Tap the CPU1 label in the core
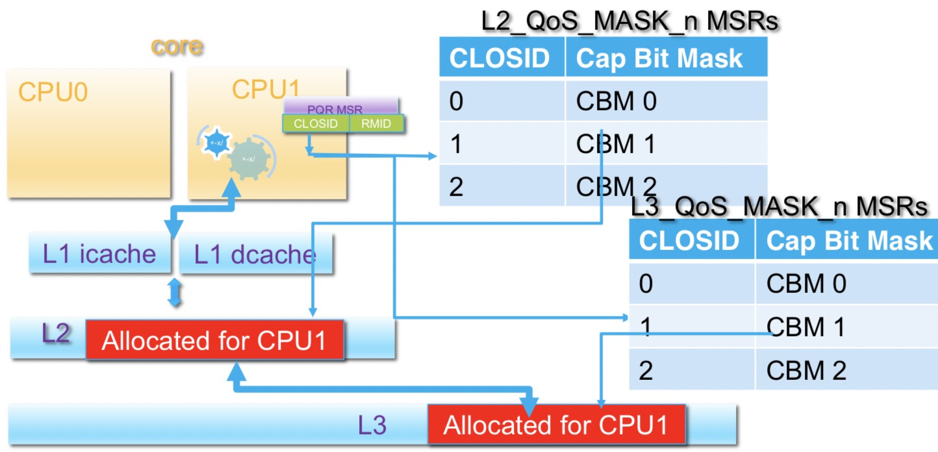point(266,90)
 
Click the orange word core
point(177,47)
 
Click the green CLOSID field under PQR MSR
point(316,123)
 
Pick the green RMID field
point(377,123)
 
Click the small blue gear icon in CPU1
point(214,142)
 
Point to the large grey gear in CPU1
point(248,159)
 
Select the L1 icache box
point(99,254)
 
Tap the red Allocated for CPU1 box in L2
point(214,340)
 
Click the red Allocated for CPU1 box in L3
point(556,425)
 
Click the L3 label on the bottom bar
point(372,425)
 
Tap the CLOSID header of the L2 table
point(500,58)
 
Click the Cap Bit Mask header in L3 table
point(848,241)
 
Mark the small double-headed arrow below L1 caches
point(174,293)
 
